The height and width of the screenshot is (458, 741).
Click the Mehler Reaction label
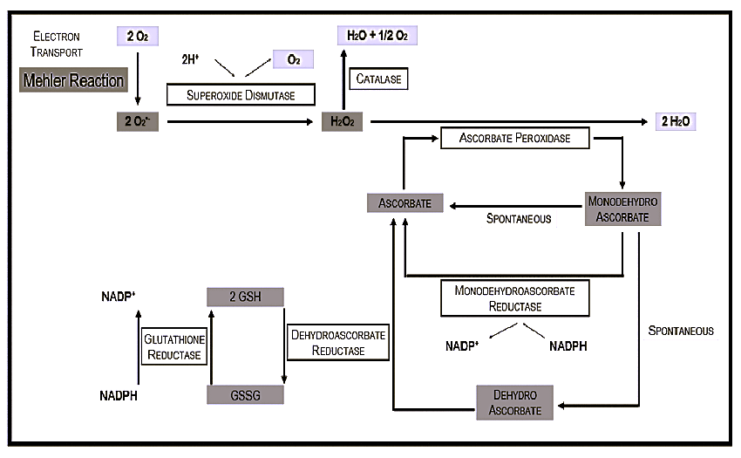(73, 81)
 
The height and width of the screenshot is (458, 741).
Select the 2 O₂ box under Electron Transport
(137, 37)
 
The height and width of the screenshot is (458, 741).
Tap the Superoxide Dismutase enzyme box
(240, 94)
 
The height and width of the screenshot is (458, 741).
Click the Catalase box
(378, 79)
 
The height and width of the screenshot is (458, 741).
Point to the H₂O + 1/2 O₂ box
(377, 36)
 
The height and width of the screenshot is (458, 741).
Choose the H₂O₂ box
(342, 121)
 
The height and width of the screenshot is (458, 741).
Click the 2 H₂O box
(676, 121)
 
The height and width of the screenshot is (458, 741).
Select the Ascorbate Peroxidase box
(514, 138)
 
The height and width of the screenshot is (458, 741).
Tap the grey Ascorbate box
(405, 204)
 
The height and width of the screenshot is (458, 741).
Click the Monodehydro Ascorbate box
(622, 209)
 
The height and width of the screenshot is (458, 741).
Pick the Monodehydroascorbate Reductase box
(514, 297)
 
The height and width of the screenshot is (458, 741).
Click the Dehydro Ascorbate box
(514, 402)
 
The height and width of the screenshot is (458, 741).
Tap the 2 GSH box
(245, 296)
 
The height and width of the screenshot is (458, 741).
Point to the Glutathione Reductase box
(173, 346)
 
